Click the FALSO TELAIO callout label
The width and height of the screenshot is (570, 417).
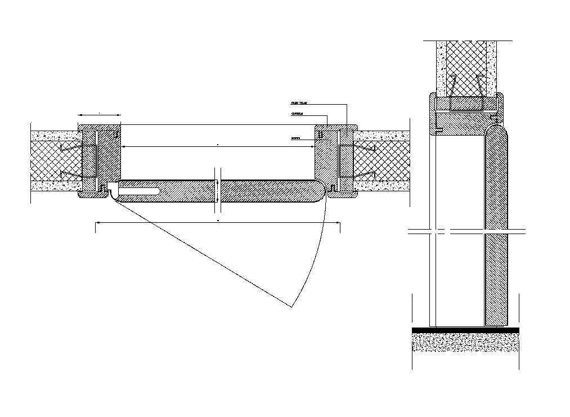pos(298,104)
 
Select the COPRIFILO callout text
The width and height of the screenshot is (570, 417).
pos(297,114)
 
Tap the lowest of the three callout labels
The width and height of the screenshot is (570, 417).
pos(295,138)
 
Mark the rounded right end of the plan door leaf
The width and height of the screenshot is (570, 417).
pos(321,191)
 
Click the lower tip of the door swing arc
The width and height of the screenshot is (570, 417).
pos(292,307)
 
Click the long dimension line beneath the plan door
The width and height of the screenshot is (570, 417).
pos(217,224)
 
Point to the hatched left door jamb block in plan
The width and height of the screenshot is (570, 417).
pos(109,158)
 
